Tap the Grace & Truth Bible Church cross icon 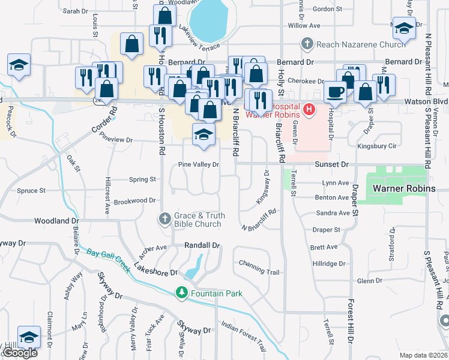tap(166, 220)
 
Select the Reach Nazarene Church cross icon tap(307, 44)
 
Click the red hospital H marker tap(309, 109)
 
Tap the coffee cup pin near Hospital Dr tap(334, 92)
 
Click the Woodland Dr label tap(53, 221)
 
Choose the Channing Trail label tap(259, 268)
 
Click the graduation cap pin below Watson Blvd tap(203, 135)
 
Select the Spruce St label tap(31, 191)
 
